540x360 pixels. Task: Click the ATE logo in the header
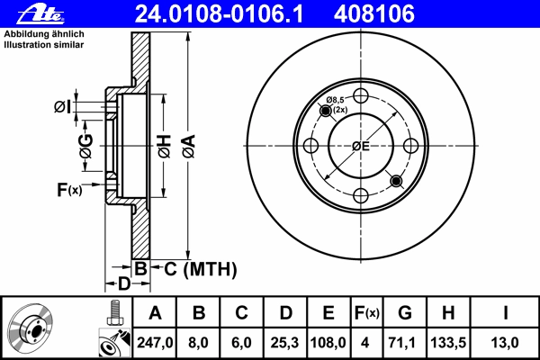pyautogui.click(x=40, y=14)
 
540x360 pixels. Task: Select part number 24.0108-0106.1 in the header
pyautogui.click(x=219, y=13)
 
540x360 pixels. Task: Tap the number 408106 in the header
pyautogui.click(x=374, y=13)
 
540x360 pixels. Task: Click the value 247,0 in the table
pyautogui.click(x=155, y=343)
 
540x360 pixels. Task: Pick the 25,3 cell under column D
pyautogui.click(x=284, y=343)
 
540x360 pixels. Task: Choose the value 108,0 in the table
pyautogui.click(x=328, y=343)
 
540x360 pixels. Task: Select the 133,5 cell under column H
pyautogui.click(x=448, y=343)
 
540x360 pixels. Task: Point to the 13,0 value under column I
pyautogui.click(x=505, y=343)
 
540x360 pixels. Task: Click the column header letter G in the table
pyautogui.click(x=405, y=313)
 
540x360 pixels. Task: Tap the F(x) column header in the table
pyautogui.click(x=367, y=313)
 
